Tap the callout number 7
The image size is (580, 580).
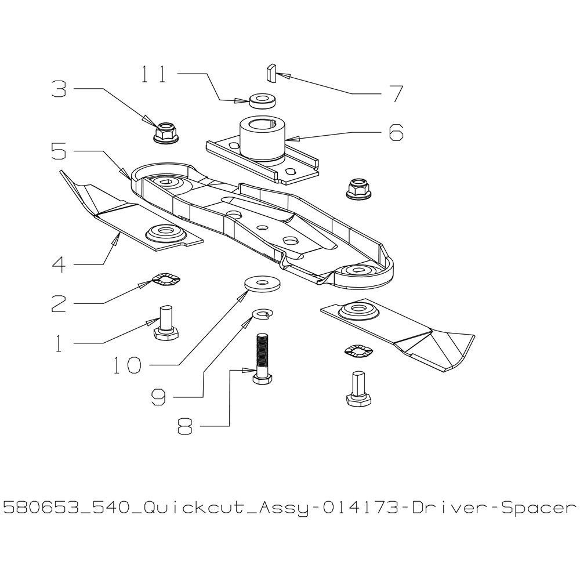click(397, 94)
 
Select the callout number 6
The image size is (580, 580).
click(396, 132)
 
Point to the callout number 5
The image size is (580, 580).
click(59, 152)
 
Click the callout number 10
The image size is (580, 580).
click(128, 365)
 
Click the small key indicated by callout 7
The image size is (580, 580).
click(270, 73)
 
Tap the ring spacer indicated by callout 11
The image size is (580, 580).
click(263, 100)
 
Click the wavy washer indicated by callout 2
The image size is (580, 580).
click(167, 280)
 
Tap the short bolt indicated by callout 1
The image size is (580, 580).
click(166, 321)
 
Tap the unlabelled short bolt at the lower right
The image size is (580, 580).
click(358, 389)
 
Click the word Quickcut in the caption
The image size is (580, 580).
click(194, 509)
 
